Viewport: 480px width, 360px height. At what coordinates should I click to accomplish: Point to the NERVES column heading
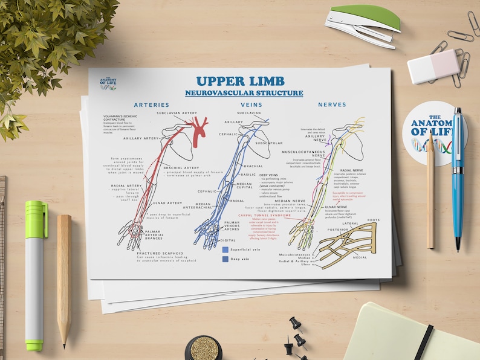click(332, 104)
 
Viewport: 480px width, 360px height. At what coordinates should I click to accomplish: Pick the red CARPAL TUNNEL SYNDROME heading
click(264, 215)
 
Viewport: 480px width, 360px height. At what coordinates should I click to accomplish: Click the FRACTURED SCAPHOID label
click(160, 254)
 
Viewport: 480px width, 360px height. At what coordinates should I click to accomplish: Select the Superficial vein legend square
click(225, 249)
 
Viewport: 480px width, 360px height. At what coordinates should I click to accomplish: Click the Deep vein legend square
click(225, 259)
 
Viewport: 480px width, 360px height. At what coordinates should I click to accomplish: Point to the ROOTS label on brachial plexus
click(374, 220)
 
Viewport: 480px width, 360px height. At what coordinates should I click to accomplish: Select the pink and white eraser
click(433, 66)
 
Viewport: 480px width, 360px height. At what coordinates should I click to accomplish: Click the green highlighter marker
click(34, 272)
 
